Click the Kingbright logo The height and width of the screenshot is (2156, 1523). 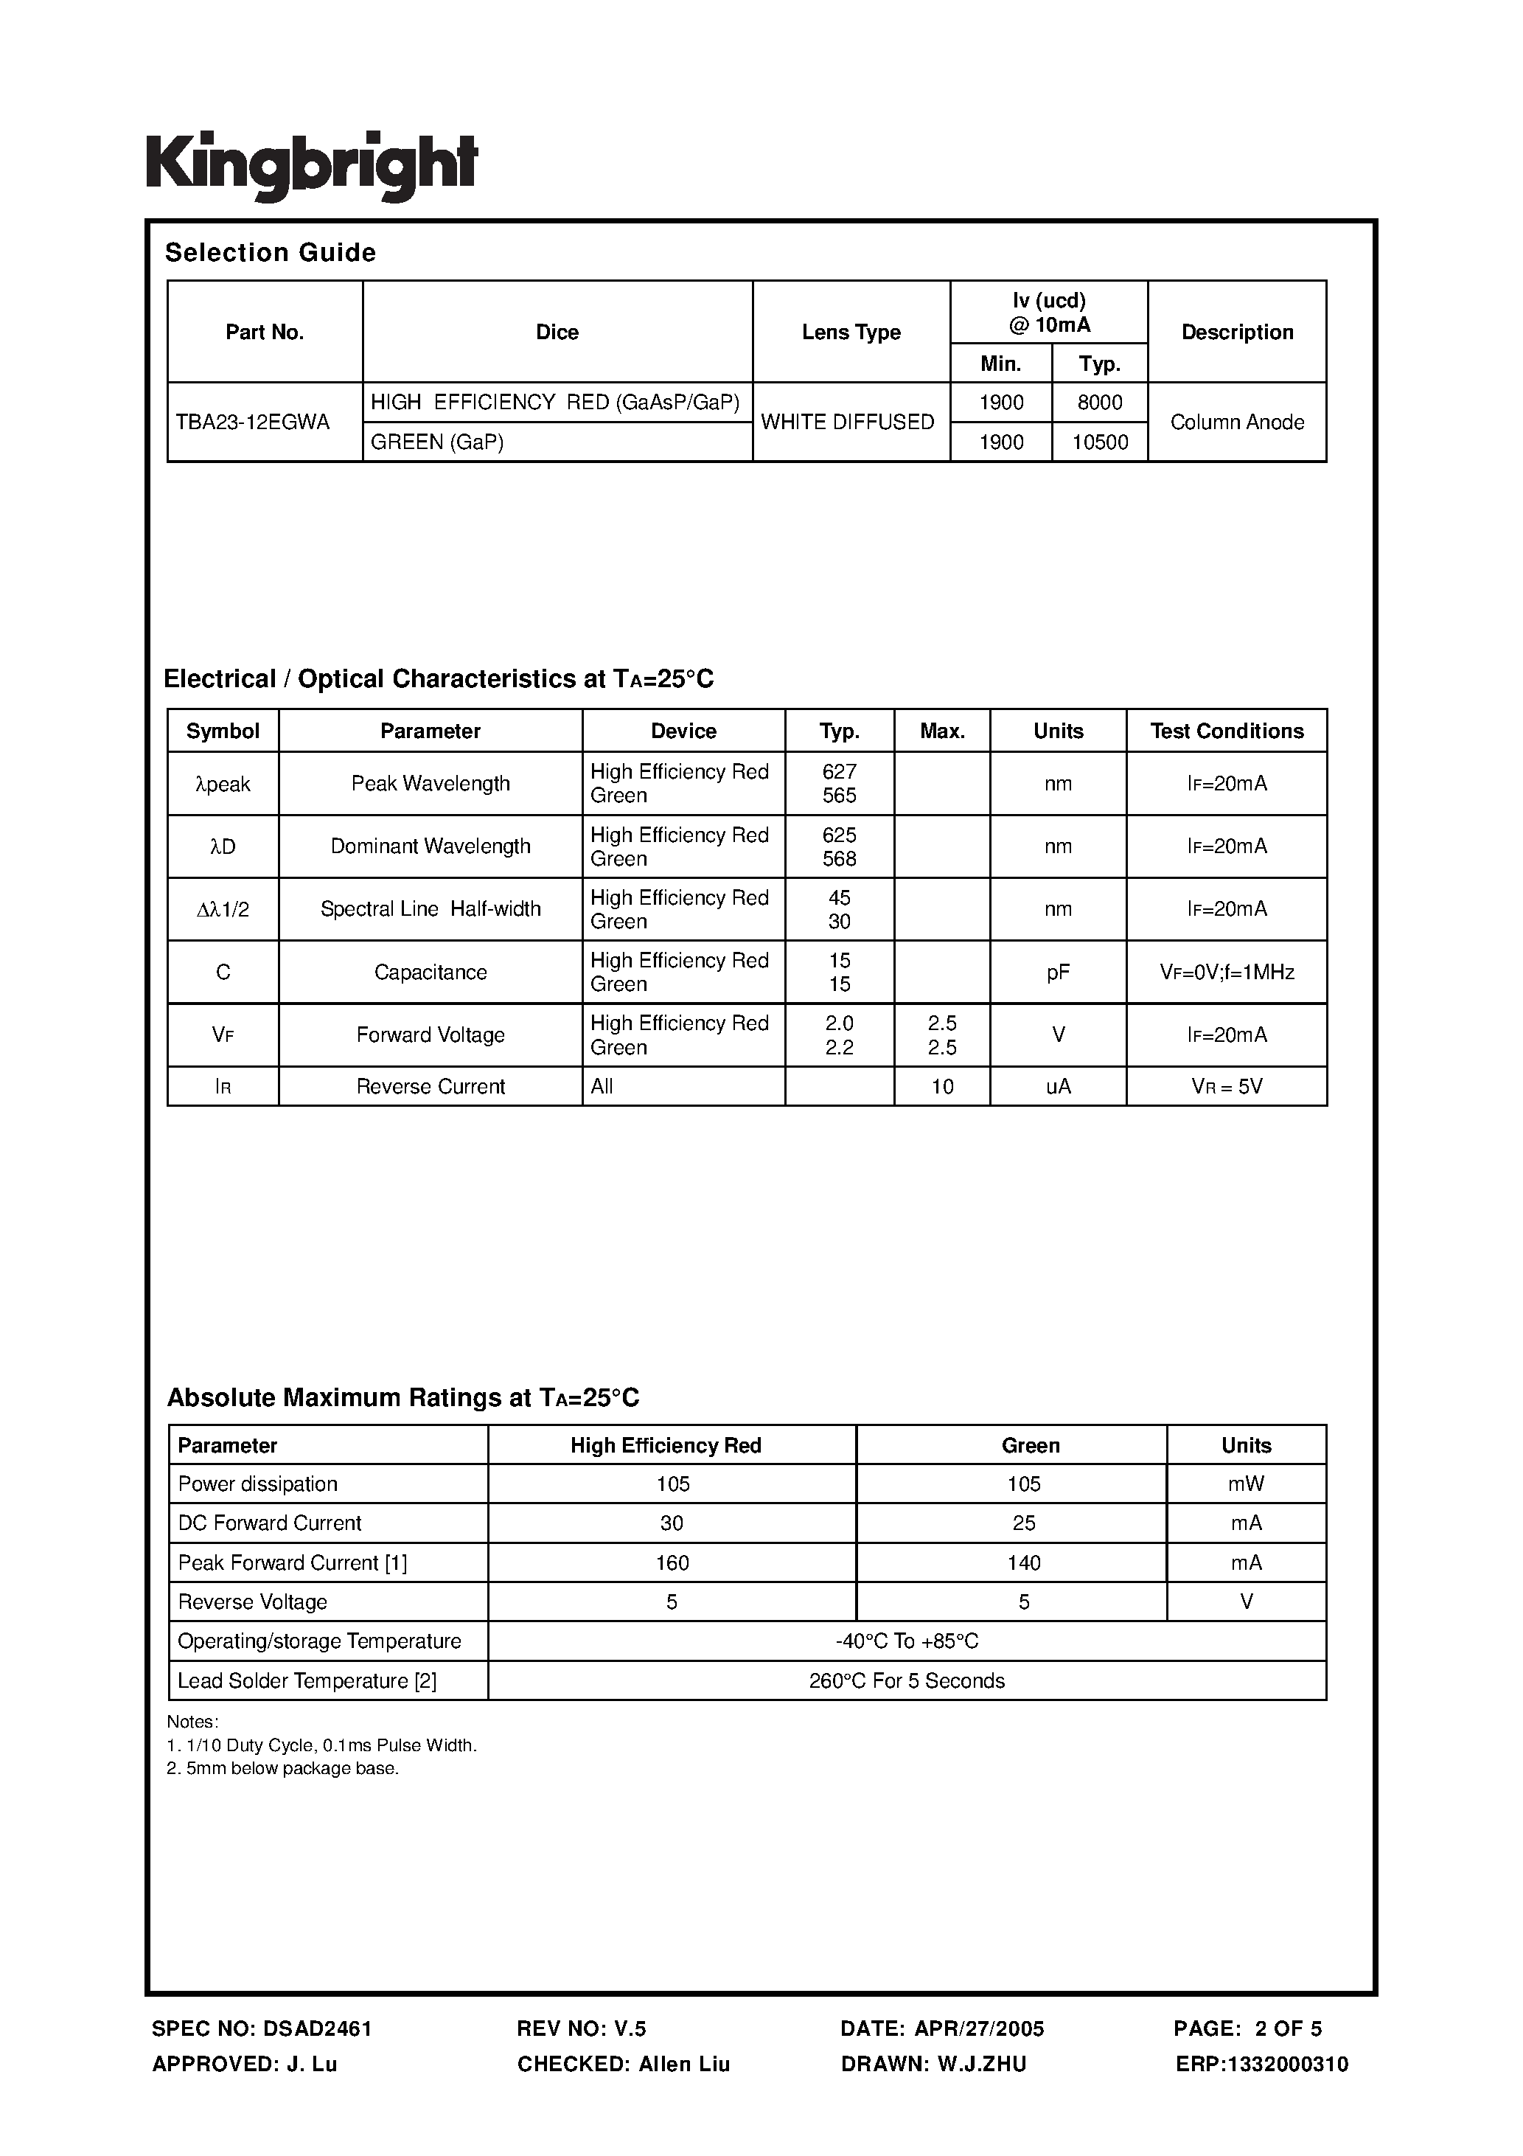click(x=311, y=166)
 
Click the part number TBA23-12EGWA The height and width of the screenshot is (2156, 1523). click(x=253, y=422)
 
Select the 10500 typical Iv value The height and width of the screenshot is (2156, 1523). click(x=1100, y=442)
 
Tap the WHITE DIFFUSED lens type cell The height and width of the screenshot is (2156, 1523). click(x=847, y=422)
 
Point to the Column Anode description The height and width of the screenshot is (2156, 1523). click(x=1237, y=422)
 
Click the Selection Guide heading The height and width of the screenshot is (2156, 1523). click(x=271, y=253)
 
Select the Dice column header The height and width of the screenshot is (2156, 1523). click(x=557, y=333)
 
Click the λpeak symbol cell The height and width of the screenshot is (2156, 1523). click(x=223, y=784)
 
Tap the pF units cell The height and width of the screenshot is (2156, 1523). click(x=1059, y=973)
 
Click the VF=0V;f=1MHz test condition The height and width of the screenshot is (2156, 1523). click(x=1226, y=973)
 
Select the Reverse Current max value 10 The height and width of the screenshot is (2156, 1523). click(x=942, y=1086)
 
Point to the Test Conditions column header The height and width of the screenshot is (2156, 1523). click(x=1226, y=731)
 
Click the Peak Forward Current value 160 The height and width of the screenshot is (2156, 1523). click(x=672, y=1562)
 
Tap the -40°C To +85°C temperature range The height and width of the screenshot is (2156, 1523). click(x=907, y=1641)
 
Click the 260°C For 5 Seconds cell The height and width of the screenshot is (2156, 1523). click(x=907, y=1681)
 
